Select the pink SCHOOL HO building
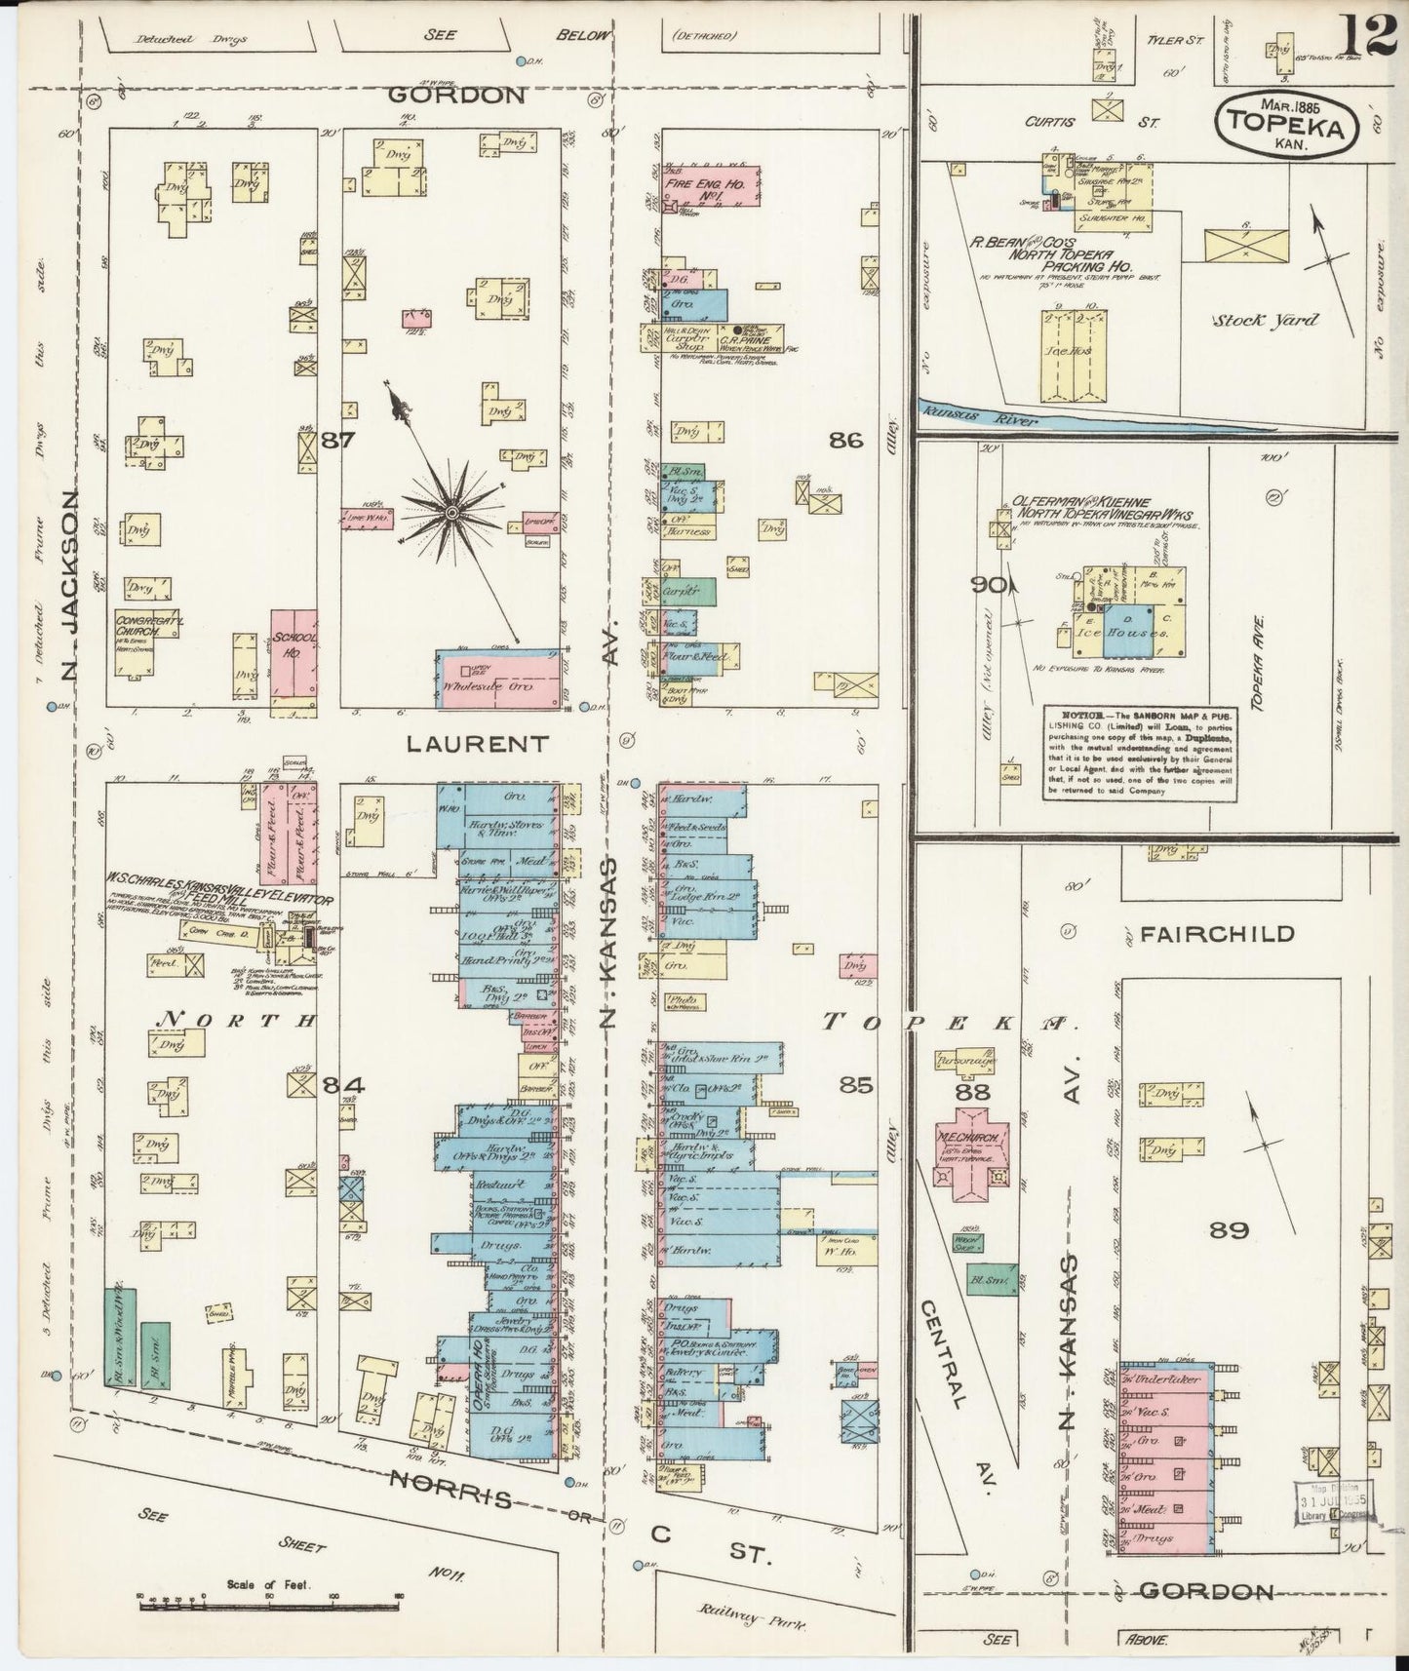pos(294,654)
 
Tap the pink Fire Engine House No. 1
pos(710,184)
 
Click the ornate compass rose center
pos(452,511)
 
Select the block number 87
pos(337,440)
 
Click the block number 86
pos(846,440)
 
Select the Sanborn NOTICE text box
pos(1143,751)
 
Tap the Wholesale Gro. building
pos(498,676)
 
